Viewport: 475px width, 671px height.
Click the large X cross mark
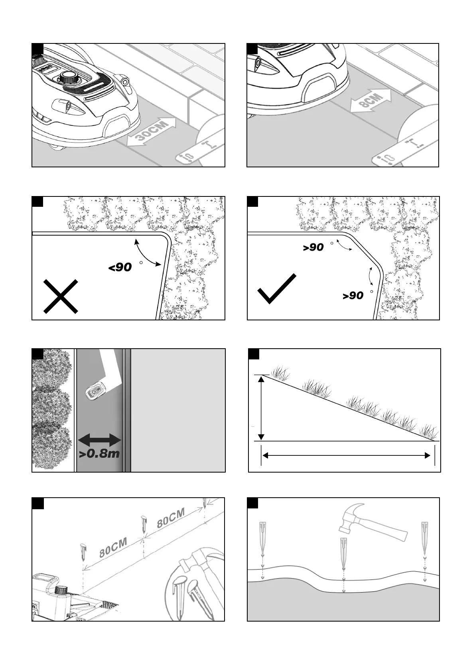coord(61,296)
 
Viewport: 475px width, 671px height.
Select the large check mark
coord(277,289)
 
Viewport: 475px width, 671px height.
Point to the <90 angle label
coord(120,267)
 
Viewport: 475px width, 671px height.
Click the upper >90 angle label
coord(313,247)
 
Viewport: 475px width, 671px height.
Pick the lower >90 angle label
coord(353,296)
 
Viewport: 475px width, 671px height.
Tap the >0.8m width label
coord(99,453)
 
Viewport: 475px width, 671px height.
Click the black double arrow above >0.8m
coord(99,440)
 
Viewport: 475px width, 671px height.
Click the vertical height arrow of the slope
coord(261,408)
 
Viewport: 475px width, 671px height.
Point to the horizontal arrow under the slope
coord(347,455)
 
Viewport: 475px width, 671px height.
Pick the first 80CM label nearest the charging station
coord(113,547)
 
